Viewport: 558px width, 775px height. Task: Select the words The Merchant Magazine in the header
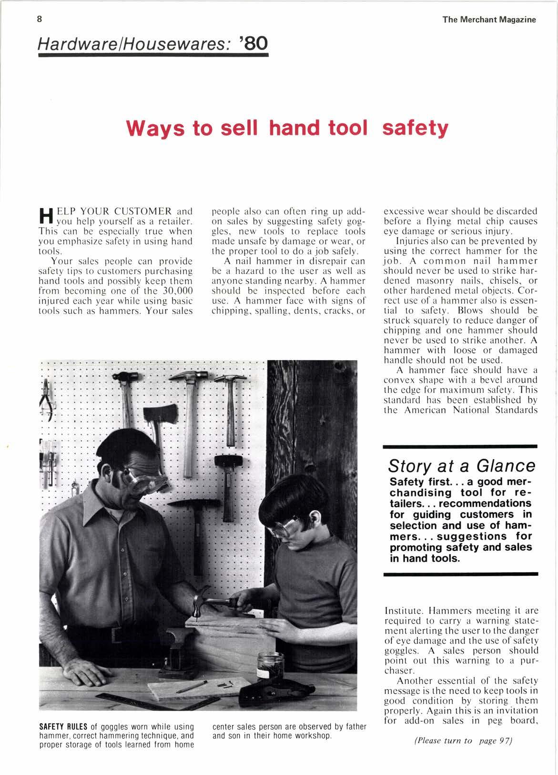[489, 20]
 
